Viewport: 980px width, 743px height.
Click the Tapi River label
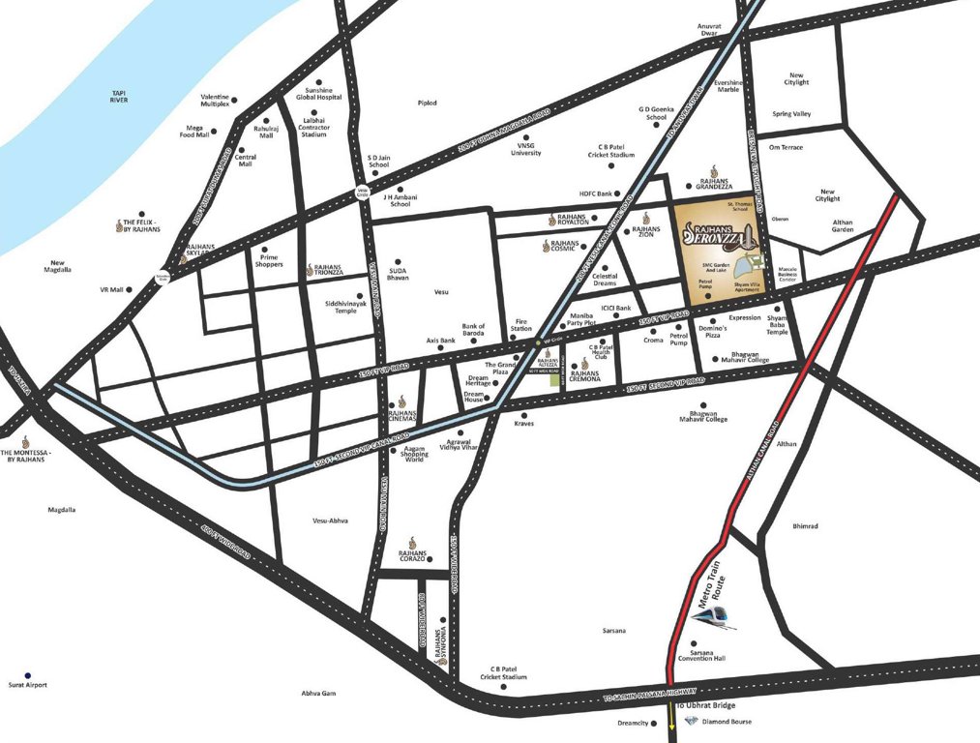pos(119,97)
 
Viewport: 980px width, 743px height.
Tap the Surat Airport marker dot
pos(28,674)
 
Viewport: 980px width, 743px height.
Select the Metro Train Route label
pos(715,591)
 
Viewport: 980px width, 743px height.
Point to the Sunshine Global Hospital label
pos(319,93)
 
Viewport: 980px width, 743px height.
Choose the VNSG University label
pos(526,149)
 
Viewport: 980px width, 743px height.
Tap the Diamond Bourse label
pos(726,722)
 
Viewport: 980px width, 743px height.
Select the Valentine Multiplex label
pos(215,101)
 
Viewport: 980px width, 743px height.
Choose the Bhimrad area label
pos(805,527)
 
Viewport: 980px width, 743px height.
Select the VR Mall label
pos(111,289)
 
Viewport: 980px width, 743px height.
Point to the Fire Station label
pos(523,325)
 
